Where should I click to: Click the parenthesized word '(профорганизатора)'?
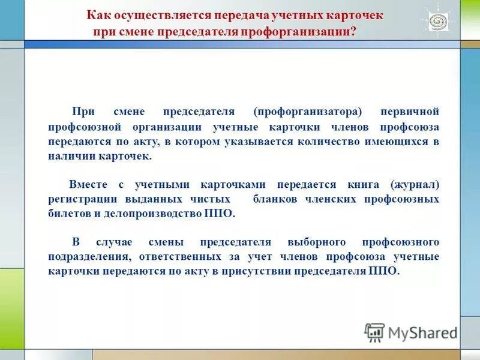(x=308, y=112)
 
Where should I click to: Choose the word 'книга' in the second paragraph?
(x=360, y=184)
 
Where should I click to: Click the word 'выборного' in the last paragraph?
(x=317, y=242)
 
